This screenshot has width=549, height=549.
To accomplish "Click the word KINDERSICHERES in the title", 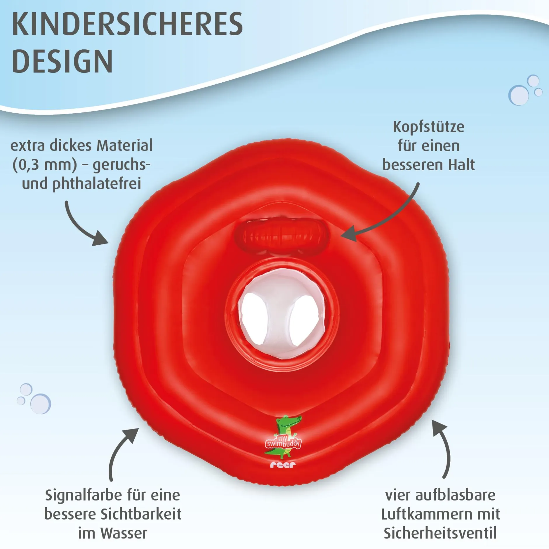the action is [127, 24].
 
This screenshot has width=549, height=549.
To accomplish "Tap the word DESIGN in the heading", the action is [62, 61].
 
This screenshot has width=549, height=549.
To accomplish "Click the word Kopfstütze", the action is [428, 127].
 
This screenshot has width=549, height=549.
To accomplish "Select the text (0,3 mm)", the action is [45, 165].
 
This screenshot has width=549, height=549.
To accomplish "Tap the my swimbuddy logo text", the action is [283, 442].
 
